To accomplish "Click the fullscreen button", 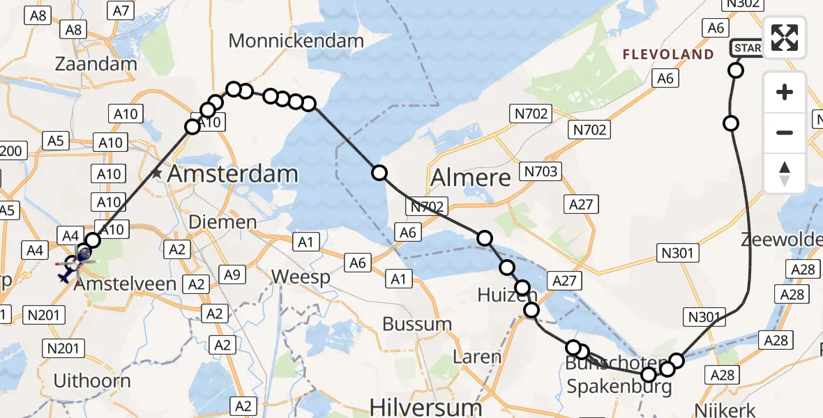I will coord(785,38).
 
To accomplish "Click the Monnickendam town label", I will coord(296,41).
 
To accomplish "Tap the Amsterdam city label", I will coord(233,173).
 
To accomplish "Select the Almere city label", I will coord(471,178).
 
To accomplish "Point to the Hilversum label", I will coord(425,406).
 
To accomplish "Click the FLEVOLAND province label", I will coord(668,54).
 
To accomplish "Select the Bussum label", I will coord(417,324).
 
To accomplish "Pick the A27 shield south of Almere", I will coord(580,204).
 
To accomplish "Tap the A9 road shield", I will coord(232,274).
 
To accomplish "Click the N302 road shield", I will coord(742,4).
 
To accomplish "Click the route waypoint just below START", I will coord(736,70).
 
